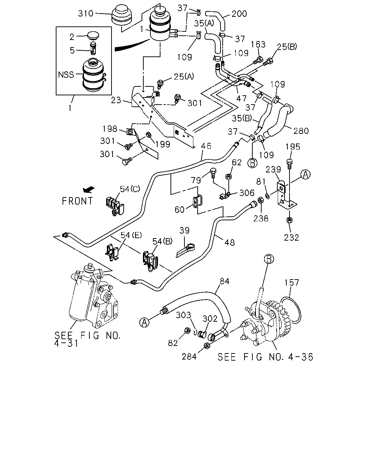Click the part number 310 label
coord(85,13)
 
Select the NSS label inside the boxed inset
coord(66,75)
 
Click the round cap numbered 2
coord(93,35)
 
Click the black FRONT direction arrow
coord(89,190)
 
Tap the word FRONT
coord(77,201)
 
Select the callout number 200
coord(239,14)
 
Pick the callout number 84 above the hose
coord(224,281)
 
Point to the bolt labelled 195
coord(289,165)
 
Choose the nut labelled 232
coord(289,220)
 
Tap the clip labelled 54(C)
coord(115,206)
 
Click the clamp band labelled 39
coord(186,251)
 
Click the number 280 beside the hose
coord(301,131)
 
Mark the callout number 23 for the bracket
coord(116,100)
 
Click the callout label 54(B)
coord(162,241)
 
